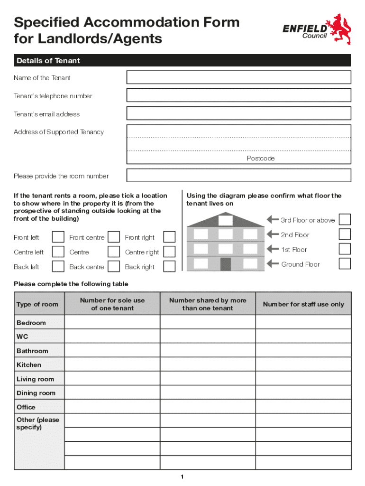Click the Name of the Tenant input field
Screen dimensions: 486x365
click(238, 77)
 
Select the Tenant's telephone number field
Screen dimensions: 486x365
click(238, 95)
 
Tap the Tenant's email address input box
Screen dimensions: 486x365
click(238, 113)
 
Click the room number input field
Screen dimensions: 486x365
click(238, 176)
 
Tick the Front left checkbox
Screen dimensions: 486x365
click(58, 237)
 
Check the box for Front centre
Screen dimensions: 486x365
click(113, 237)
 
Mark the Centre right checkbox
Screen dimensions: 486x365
click(169, 252)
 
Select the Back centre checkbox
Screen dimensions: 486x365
click(113, 267)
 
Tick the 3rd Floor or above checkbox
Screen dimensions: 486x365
click(345, 220)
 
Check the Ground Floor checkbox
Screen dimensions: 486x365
click(345, 264)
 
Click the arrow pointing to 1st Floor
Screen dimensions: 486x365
click(273, 249)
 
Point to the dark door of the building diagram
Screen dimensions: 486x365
click(226, 264)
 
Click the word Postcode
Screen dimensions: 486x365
click(260, 159)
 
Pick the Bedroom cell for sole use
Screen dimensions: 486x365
click(112, 323)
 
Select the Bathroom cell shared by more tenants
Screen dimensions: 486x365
click(208, 351)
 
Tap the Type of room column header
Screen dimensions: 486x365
click(37, 304)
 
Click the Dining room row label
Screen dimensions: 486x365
click(36, 393)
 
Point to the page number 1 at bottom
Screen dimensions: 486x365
click(182, 477)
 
